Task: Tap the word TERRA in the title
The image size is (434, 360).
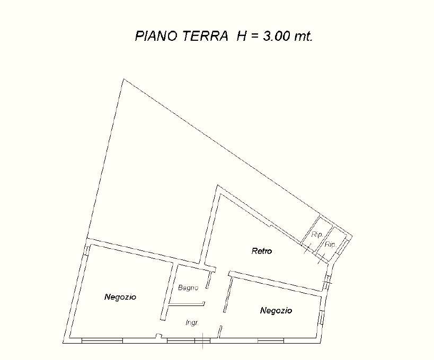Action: (x=206, y=36)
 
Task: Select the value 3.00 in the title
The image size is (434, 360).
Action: (x=276, y=36)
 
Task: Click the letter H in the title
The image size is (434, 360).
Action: (x=242, y=36)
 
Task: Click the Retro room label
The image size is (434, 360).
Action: (x=262, y=251)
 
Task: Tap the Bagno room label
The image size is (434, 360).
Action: (x=188, y=288)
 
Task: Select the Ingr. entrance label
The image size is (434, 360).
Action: (x=192, y=322)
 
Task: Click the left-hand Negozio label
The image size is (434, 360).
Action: (x=120, y=297)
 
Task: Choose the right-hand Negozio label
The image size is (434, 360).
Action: (x=276, y=311)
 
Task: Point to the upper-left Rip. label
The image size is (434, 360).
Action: (x=317, y=235)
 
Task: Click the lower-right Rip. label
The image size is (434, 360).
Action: (x=330, y=245)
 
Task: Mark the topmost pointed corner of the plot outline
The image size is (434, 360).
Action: (x=123, y=79)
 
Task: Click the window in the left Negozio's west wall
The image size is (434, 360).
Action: (x=87, y=250)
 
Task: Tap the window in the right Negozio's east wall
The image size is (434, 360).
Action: (x=320, y=317)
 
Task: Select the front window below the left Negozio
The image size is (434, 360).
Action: (x=102, y=340)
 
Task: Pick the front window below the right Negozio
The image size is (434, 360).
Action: (x=271, y=340)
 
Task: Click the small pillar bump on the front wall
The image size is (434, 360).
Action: (x=158, y=336)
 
